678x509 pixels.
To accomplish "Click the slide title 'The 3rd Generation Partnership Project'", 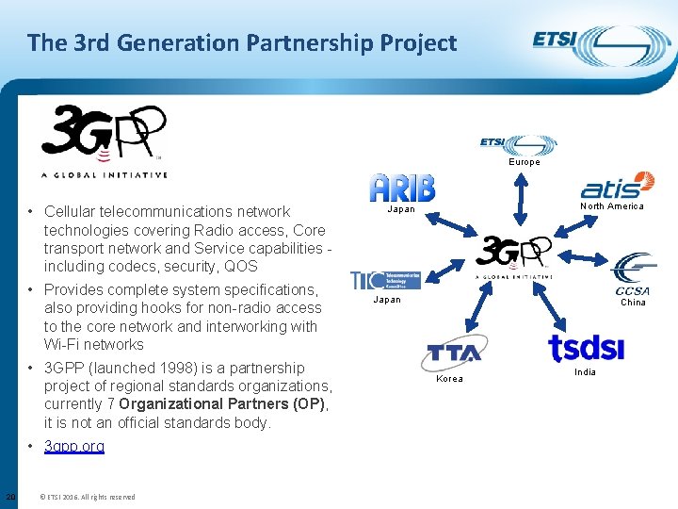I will click(x=242, y=42).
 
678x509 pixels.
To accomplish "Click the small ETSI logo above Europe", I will click(x=518, y=144).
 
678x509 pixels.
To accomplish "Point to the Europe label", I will click(x=525, y=162).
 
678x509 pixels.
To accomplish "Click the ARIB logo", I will click(x=403, y=188).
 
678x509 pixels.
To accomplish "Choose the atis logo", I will click(x=618, y=186).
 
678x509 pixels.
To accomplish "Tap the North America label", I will click(x=612, y=206).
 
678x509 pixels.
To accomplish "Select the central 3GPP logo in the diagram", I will click(x=513, y=256).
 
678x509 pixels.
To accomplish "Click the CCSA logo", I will click(x=633, y=273).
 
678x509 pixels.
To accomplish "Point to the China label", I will click(x=633, y=303).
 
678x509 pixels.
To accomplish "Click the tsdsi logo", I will click(x=586, y=348).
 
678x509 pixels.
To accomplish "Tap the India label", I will click(x=585, y=372).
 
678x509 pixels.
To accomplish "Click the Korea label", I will click(x=450, y=379).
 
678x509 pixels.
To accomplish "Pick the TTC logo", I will click(x=386, y=280).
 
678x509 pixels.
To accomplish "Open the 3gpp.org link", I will click(x=74, y=446).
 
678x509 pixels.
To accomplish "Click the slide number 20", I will click(x=10, y=497).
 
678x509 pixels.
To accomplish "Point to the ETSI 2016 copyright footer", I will click(x=87, y=497).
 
